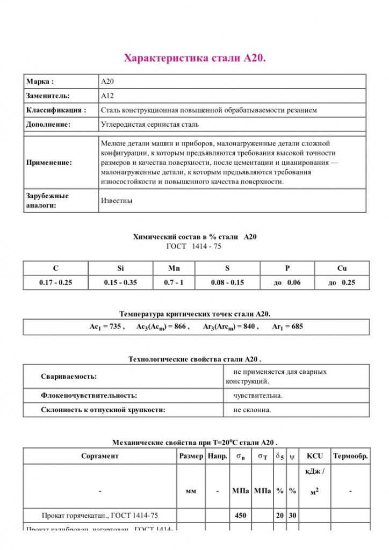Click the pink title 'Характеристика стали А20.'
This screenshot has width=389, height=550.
coord(195,58)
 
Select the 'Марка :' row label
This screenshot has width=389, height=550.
coord(40,82)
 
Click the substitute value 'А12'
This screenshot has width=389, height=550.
coord(107,96)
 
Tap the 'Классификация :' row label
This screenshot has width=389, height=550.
coord(56,110)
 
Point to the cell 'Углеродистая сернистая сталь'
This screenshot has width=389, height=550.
coord(150,124)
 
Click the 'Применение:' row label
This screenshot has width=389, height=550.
coord(49,162)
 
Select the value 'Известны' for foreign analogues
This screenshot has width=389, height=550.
coord(117,200)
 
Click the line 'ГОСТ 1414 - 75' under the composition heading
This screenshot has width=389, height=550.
coord(194,246)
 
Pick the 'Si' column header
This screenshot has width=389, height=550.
coord(120,268)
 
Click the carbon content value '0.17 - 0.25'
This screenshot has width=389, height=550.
coord(55,283)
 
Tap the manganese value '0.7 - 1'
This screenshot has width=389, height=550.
coord(174,283)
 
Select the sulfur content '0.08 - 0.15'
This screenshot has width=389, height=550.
coord(227,283)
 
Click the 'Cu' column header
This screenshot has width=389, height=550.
coord(342,268)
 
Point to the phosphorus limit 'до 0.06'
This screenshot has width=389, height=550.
coord(287,283)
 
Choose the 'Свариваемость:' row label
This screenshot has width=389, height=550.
coord(69,377)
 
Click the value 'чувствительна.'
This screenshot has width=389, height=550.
coord(257,395)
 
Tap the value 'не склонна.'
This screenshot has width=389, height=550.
coord(252,410)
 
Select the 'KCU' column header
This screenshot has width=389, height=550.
coord(315,456)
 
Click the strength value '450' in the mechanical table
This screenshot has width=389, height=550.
coord(240,515)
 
